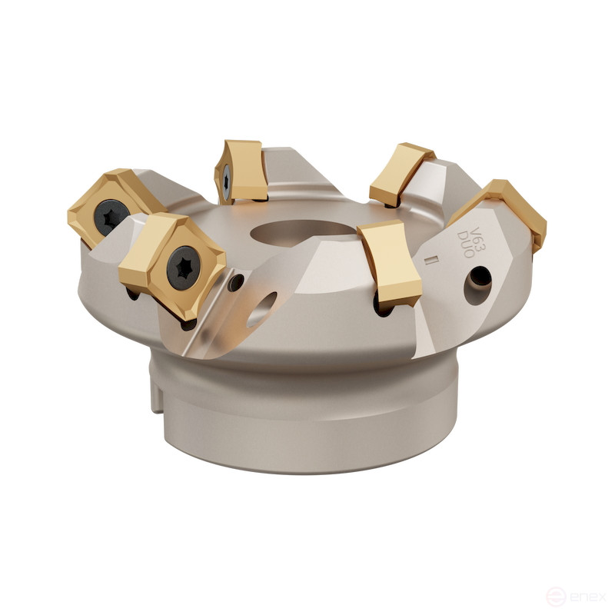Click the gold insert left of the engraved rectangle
tap(391, 262)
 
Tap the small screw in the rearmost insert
tap(228, 178)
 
